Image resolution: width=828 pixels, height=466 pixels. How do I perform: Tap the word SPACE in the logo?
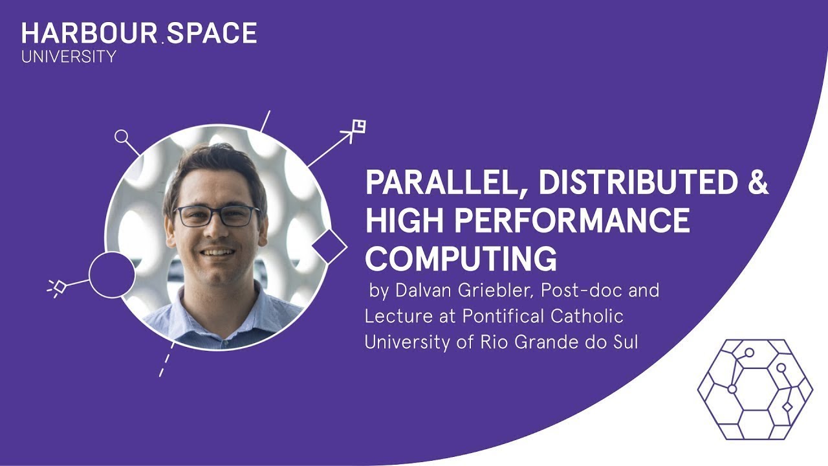[212, 33]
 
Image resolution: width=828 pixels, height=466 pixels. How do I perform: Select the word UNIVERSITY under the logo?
[69, 57]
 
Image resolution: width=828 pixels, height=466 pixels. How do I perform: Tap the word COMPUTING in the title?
[461, 259]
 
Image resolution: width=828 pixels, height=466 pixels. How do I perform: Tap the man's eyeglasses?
[217, 216]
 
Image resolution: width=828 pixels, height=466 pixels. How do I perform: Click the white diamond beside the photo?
[329, 247]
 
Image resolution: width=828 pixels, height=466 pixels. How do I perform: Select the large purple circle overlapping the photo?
[111, 274]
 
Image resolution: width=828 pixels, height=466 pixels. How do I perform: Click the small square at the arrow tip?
[358, 126]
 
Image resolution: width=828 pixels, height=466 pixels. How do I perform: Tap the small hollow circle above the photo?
[121, 137]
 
